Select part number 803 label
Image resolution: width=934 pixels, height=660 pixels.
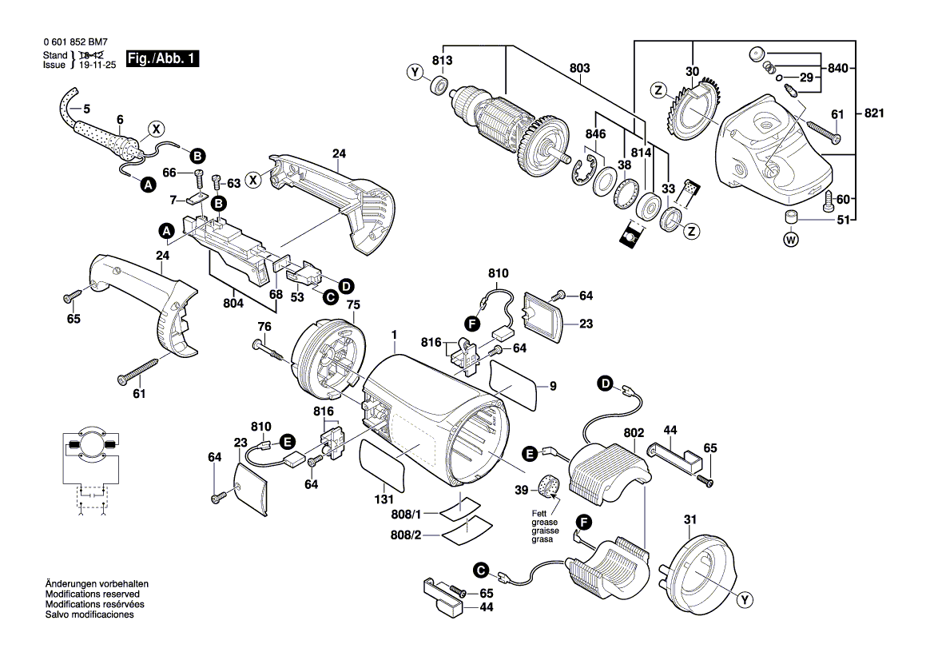point(580,69)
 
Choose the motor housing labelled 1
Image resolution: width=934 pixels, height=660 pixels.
point(435,423)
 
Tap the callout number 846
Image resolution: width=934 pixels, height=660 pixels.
point(594,134)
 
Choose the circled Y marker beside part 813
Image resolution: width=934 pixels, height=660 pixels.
point(414,73)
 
